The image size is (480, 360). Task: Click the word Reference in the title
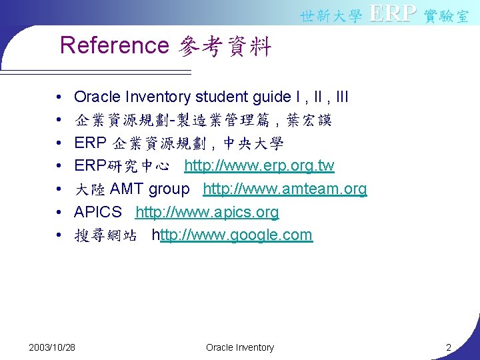coord(115,46)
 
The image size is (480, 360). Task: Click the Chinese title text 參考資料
coord(225,47)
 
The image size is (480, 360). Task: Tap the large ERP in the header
coord(393,13)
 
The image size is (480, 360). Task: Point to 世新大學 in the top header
coord(331,16)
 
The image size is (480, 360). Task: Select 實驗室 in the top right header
coord(447,16)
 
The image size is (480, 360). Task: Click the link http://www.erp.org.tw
coord(259,165)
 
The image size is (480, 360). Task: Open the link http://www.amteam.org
coord(285,189)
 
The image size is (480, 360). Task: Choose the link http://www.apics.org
coord(207,212)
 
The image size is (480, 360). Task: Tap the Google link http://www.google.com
coord(232,235)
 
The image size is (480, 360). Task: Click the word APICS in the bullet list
coord(98,212)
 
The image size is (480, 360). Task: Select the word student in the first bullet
coord(220,97)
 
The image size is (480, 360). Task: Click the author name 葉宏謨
coord(308,121)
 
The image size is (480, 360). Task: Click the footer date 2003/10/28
coord(52,347)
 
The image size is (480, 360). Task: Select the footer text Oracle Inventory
coord(240,347)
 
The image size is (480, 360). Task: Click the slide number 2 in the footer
coord(449,347)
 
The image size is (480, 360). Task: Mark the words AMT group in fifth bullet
coord(149,189)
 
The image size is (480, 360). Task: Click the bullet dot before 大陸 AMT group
coord(60,189)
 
